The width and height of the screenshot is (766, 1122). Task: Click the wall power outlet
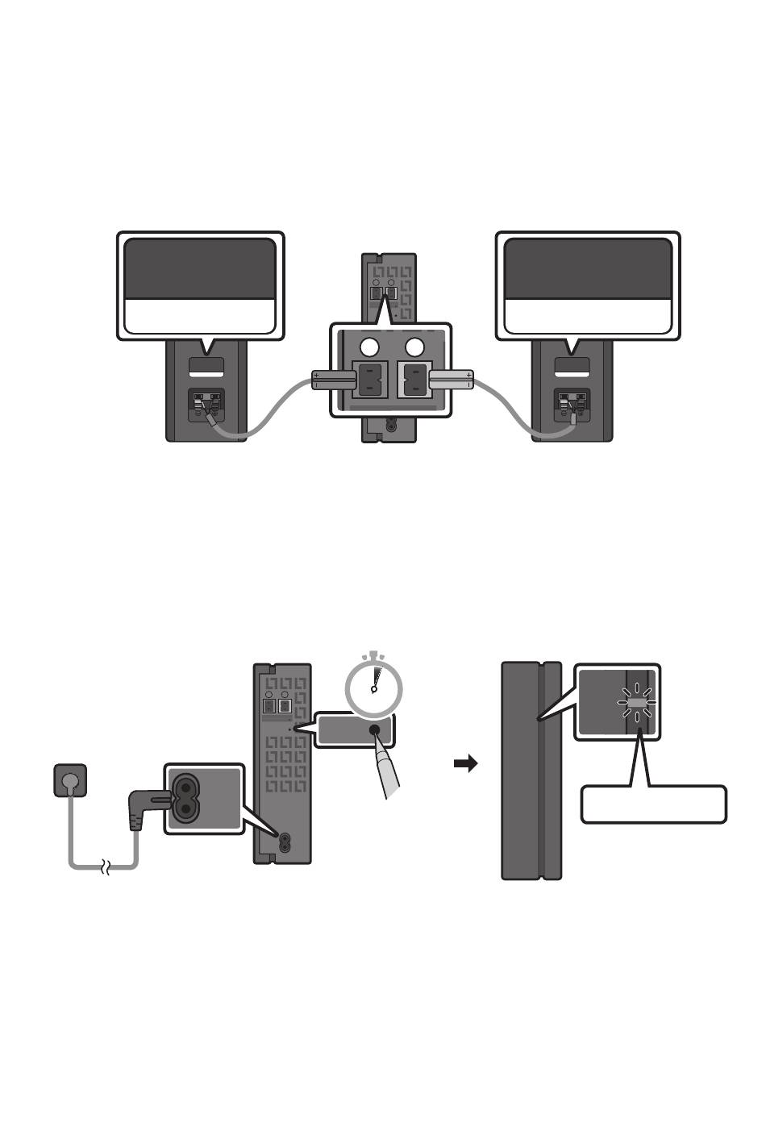tap(70, 780)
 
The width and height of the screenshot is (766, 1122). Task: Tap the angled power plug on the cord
tap(138, 807)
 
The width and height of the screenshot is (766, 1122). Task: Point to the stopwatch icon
tap(373, 688)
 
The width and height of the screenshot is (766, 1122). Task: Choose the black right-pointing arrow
tap(466, 763)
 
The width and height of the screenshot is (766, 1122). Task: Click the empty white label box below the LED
tap(654, 804)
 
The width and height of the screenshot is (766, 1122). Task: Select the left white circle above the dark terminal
tap(369, 347)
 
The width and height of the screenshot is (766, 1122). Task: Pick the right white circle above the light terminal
tap(414, 347)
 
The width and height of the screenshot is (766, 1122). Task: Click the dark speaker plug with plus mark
tap(332, 379)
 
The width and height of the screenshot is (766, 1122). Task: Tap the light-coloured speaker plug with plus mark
tap(452, 379)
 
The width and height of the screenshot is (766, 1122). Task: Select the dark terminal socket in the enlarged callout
tap(371, 379)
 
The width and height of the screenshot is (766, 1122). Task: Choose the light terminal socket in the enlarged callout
tap(415, 379)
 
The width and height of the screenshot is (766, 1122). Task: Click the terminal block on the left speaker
tap(206, 404)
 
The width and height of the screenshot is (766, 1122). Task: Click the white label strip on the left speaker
tap(206, 365)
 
